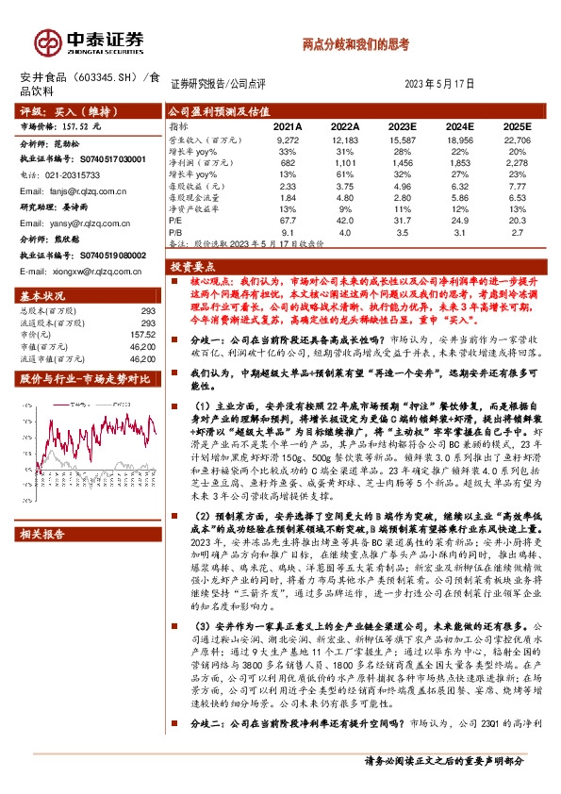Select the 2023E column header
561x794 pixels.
(x=403, y=124)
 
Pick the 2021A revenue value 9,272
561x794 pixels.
(x=288, y=138)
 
